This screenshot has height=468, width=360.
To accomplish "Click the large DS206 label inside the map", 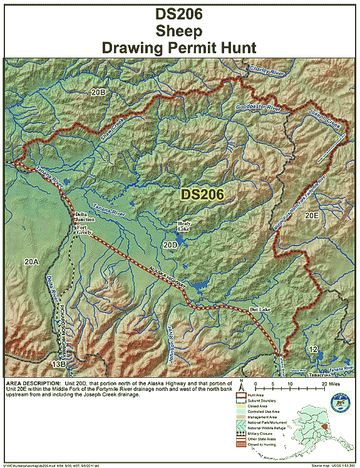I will [203, 195].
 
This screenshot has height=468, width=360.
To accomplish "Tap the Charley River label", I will [267, 68].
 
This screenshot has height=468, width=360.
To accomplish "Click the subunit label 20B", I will [98, 92].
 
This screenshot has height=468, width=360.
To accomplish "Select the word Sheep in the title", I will [180, 30].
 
